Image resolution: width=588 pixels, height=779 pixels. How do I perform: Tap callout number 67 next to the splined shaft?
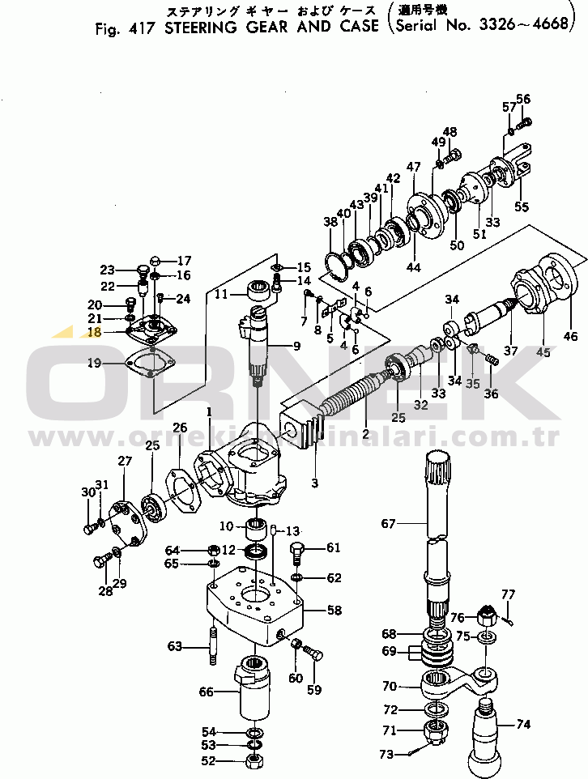point(390,524)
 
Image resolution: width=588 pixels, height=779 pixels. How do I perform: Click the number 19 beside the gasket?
point(96,364)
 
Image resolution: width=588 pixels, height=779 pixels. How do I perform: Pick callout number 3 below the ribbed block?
point(314,483)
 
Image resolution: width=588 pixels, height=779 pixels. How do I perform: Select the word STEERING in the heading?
point(203,27)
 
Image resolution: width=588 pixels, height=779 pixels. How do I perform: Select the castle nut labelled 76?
point(488,617)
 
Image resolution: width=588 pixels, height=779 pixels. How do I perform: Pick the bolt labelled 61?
point(297,555)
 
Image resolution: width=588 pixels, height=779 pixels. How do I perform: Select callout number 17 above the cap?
point(184,261)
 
